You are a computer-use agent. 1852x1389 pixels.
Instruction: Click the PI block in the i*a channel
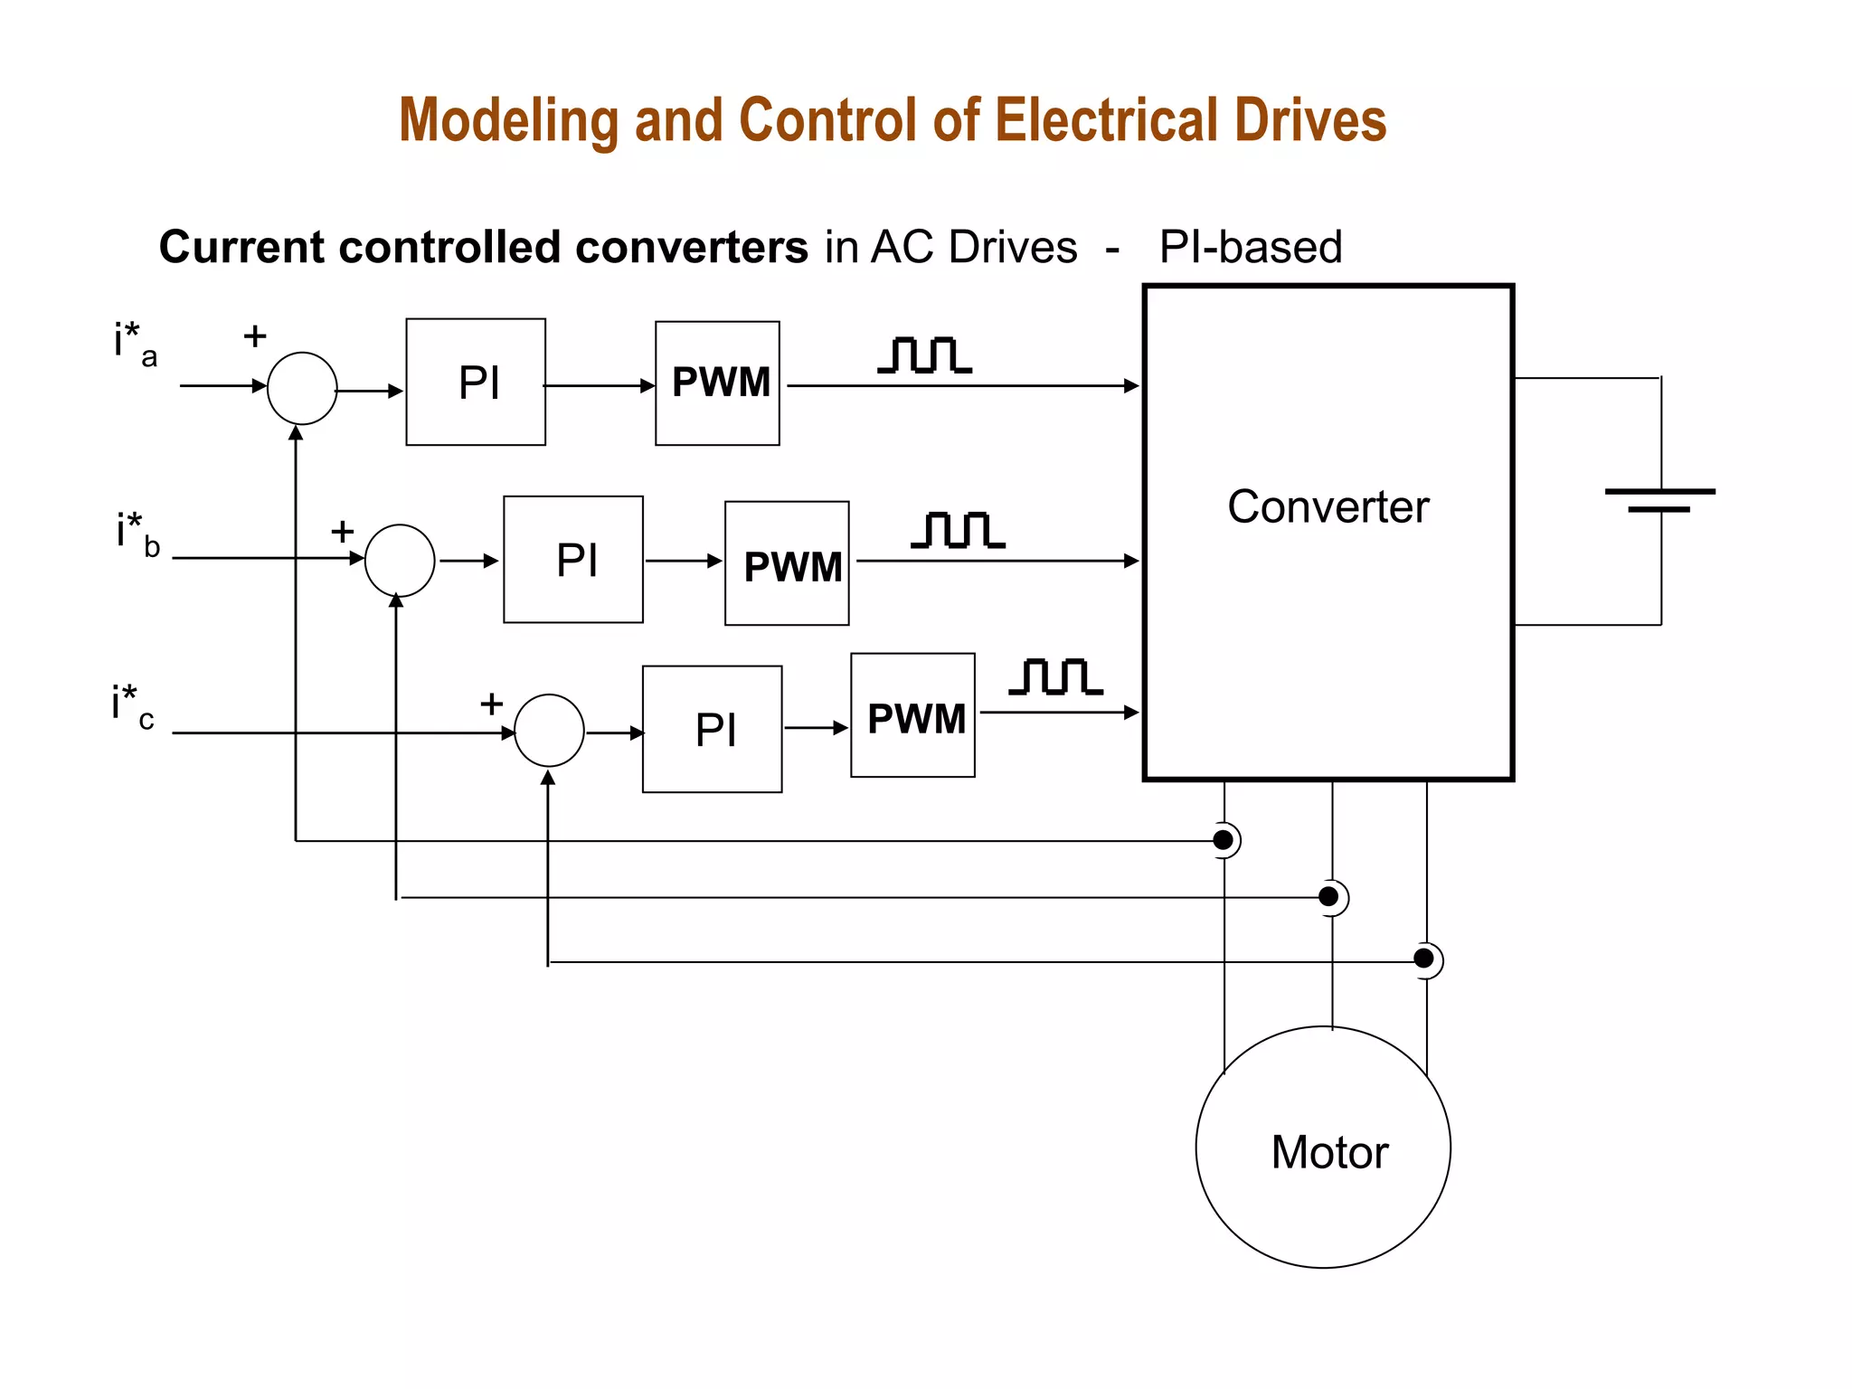point(476,382)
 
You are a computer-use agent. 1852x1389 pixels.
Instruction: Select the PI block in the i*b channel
point(573,559)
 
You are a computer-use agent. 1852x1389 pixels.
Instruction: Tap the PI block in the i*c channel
point(713,729)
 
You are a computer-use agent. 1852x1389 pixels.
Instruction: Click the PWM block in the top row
point(718,383)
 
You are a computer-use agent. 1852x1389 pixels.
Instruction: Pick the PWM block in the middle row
point(787,563)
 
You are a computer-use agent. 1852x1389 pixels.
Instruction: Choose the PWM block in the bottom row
point(913,715)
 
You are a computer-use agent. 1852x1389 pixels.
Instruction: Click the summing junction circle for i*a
point(302,388)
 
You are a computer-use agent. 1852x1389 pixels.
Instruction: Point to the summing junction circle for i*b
point(400,560)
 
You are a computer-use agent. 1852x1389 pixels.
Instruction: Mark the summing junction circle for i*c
point(549,731)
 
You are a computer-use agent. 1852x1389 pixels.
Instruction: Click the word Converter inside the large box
point(1328,506)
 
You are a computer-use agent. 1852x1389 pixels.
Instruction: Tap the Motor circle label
point(1328,1152)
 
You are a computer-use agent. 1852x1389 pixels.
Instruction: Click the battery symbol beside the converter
point(1660,501)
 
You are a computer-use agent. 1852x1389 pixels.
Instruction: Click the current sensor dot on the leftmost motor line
point(1224,840)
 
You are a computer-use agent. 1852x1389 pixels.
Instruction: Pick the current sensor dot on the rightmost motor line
point(1424,959)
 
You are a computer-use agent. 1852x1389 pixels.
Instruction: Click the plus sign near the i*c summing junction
point(491,704)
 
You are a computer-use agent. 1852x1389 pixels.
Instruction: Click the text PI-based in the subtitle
point(1251,247)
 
